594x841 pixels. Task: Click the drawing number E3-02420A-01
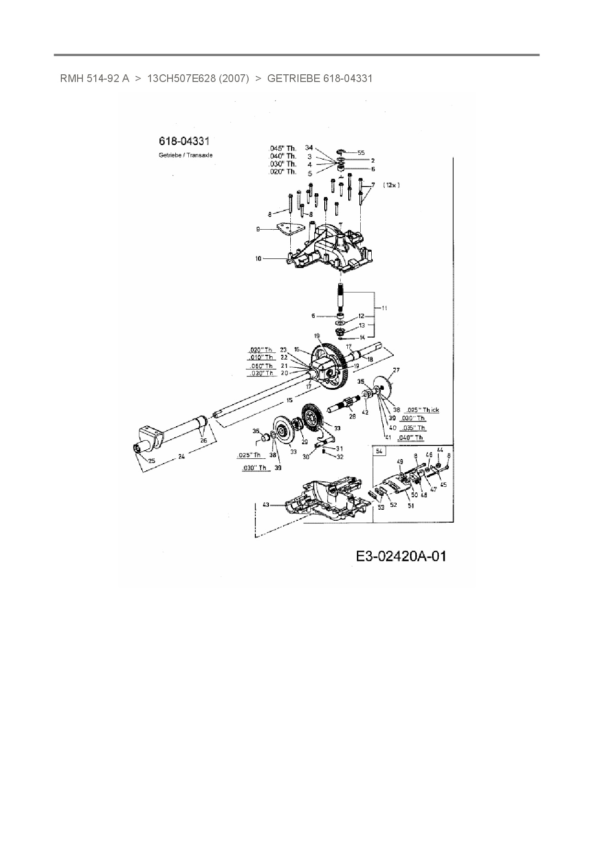coord(401,556)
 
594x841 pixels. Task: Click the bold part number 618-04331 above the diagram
coord(184,141)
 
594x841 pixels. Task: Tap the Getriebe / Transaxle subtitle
coord(185,155)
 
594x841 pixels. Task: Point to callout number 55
coord(361,153)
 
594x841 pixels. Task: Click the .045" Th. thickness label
coord(283,148)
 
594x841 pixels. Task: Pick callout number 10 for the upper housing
coord(258,259)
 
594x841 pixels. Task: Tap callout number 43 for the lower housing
coord(266,504)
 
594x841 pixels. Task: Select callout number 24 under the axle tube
coord(182,457)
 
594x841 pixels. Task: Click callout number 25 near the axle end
coord(151,461)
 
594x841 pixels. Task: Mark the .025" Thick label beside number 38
coord(422,410)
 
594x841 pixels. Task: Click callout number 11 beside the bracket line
coord(384,308)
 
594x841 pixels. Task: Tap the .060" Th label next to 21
coord(261,366)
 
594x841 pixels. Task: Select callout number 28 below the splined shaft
coord(353,417)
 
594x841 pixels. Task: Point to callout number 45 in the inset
coord(443,485)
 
